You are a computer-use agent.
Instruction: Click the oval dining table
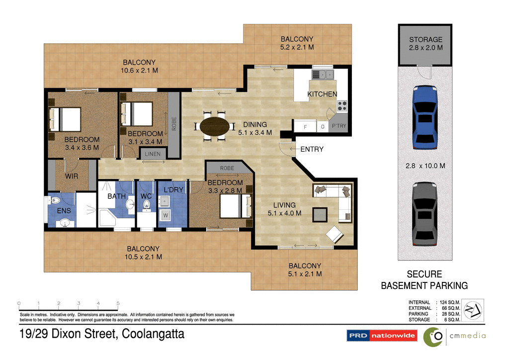215,126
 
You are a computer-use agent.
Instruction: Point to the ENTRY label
312,149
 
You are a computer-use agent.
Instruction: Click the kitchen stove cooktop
342,105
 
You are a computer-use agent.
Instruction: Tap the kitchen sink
323,75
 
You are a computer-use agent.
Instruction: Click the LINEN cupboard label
153,154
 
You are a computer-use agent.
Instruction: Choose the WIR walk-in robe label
72,176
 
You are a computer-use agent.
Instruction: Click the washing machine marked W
166,216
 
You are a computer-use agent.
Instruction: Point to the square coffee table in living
320,214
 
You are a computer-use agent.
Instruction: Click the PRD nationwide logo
381,336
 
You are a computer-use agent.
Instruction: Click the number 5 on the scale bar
118,303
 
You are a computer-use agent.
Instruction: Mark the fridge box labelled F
305,127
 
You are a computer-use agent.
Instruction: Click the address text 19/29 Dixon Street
102,334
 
